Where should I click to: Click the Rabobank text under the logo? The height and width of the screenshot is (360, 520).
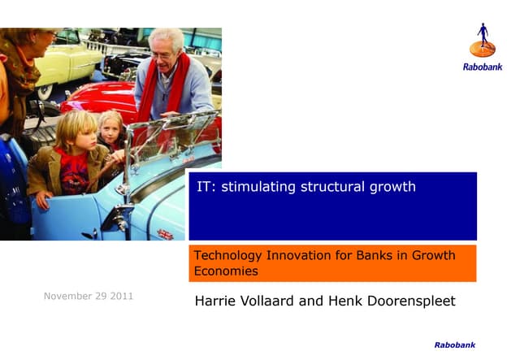483,67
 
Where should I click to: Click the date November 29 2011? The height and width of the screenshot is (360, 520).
89,296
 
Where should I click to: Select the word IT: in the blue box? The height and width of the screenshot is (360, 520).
206,187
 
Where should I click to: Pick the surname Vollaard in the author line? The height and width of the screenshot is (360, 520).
273,301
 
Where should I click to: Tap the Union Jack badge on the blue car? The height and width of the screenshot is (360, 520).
165,234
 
